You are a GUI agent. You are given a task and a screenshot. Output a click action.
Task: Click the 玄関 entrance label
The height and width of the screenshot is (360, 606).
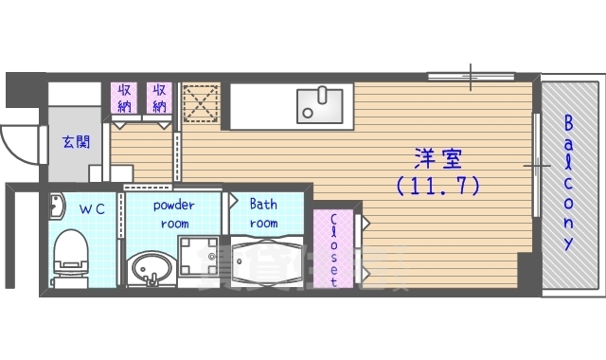point(76,141)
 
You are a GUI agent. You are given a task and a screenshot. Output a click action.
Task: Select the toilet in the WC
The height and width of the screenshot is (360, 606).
point(70,255)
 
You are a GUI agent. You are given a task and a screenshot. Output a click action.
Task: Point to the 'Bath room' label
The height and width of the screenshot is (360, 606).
point(263,214)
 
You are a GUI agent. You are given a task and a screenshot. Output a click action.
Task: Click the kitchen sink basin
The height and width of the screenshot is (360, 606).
point(322,101)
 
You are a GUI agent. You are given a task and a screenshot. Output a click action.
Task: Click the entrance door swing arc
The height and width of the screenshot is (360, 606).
point(16,142)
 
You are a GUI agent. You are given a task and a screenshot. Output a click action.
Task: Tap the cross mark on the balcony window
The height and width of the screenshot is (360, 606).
point(537,167)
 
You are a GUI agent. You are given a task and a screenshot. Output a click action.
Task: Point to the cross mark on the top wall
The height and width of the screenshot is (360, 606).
point(472,75)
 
